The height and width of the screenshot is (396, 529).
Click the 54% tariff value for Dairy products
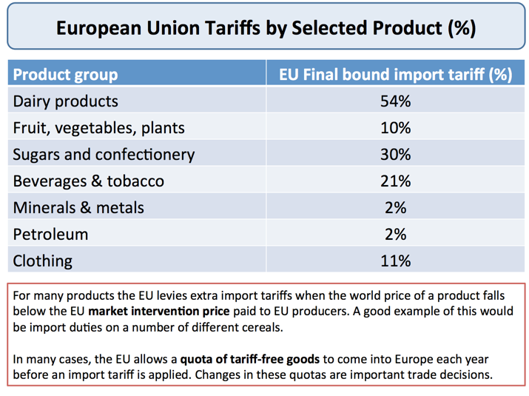pos(395,101)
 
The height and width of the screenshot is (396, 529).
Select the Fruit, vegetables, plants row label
pos(98,128)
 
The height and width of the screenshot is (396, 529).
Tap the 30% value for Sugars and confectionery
pos(395,155)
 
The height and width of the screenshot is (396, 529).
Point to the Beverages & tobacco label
pos(88,181)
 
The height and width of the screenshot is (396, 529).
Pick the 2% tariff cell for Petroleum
pos(395,235)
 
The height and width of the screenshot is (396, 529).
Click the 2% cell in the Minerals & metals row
pos(395,208)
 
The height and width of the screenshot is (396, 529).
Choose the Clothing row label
pos(42,261)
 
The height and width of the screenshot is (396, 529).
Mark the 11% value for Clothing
pos(395,261)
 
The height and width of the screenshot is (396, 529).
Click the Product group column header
pos(65,75)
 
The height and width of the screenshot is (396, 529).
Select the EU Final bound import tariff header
pos(395,75)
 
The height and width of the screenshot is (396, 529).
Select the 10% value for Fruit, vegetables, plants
pos(395,128)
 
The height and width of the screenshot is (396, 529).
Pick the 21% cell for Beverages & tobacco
pos(395,181)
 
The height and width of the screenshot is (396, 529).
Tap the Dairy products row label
pos(65,101)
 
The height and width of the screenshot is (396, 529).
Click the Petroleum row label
pos(50,235)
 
